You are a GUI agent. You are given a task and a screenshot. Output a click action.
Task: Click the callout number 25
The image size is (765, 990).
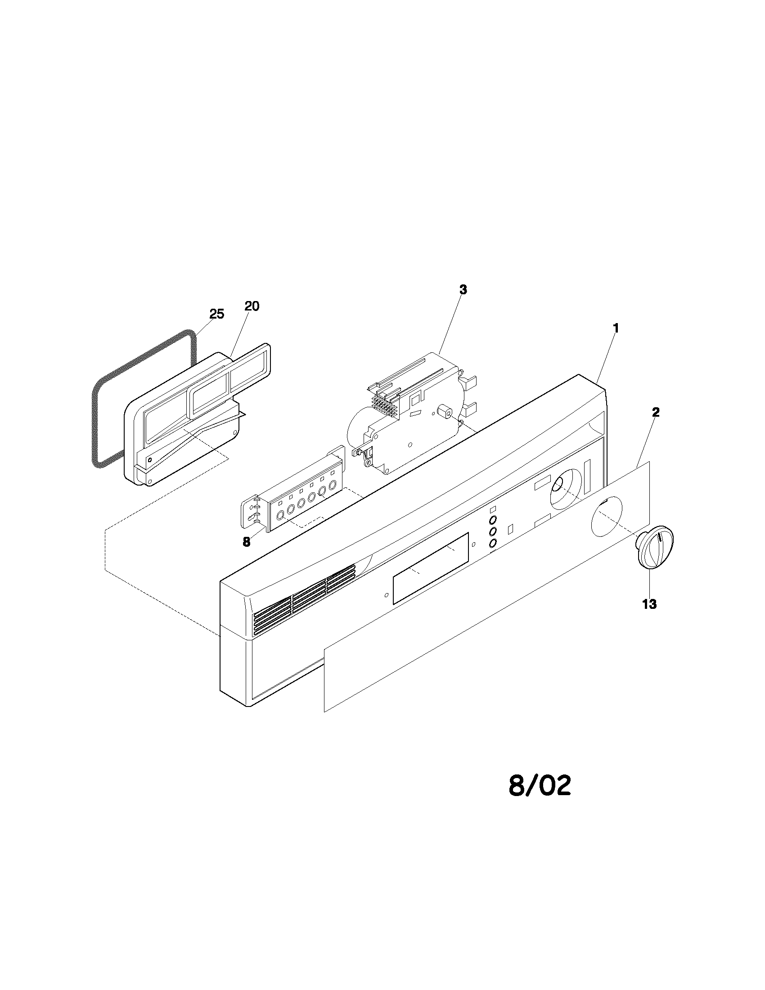[x=216, y=314]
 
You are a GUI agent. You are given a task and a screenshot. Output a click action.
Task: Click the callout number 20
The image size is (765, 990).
[x=252, y=306]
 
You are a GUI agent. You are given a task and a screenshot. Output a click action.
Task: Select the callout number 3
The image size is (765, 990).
[x=463, y=290]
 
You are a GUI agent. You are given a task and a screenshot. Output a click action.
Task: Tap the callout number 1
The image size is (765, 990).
[x=616, y=328]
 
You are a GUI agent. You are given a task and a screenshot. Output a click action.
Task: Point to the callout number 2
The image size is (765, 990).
[x=656, y=412]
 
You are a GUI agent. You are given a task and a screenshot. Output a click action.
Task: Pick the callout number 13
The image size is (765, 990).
[x=649, y=604]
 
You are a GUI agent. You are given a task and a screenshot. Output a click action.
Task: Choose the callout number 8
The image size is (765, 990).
[x=246, y=542]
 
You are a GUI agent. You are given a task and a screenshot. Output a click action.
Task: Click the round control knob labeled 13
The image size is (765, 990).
[x=654, y=546]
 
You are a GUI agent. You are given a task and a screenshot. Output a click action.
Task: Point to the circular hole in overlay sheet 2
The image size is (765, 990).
[x=607, y=520]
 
